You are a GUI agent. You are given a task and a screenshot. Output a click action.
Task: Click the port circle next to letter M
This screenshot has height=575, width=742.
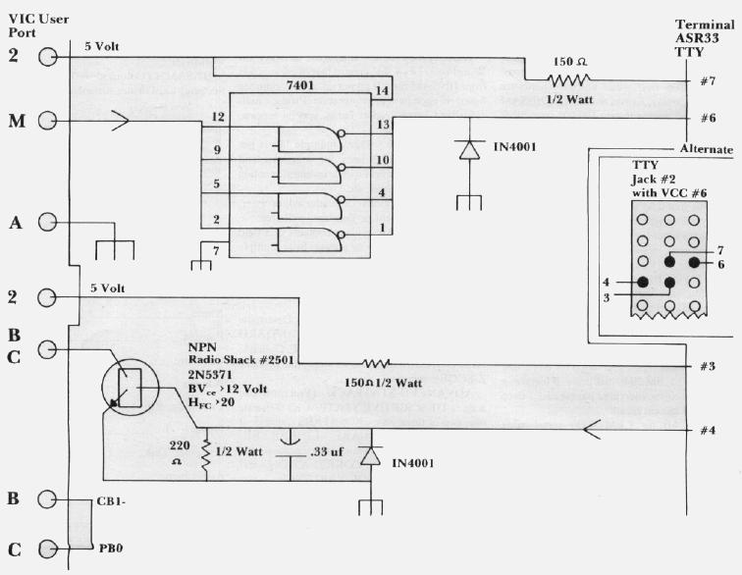[x=47, y=121]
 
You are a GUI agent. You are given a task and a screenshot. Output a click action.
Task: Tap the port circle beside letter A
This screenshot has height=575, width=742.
[x=47, y=224]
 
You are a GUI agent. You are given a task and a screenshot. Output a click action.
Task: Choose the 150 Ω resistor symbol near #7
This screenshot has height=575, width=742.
[x=568, y=80]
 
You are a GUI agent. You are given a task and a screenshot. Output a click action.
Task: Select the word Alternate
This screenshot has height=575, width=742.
[x=706, y=149]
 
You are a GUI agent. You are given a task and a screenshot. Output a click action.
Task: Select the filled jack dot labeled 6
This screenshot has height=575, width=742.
[x=696, y=263]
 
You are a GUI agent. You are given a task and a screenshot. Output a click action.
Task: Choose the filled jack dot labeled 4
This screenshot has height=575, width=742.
[x=644, y=284]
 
